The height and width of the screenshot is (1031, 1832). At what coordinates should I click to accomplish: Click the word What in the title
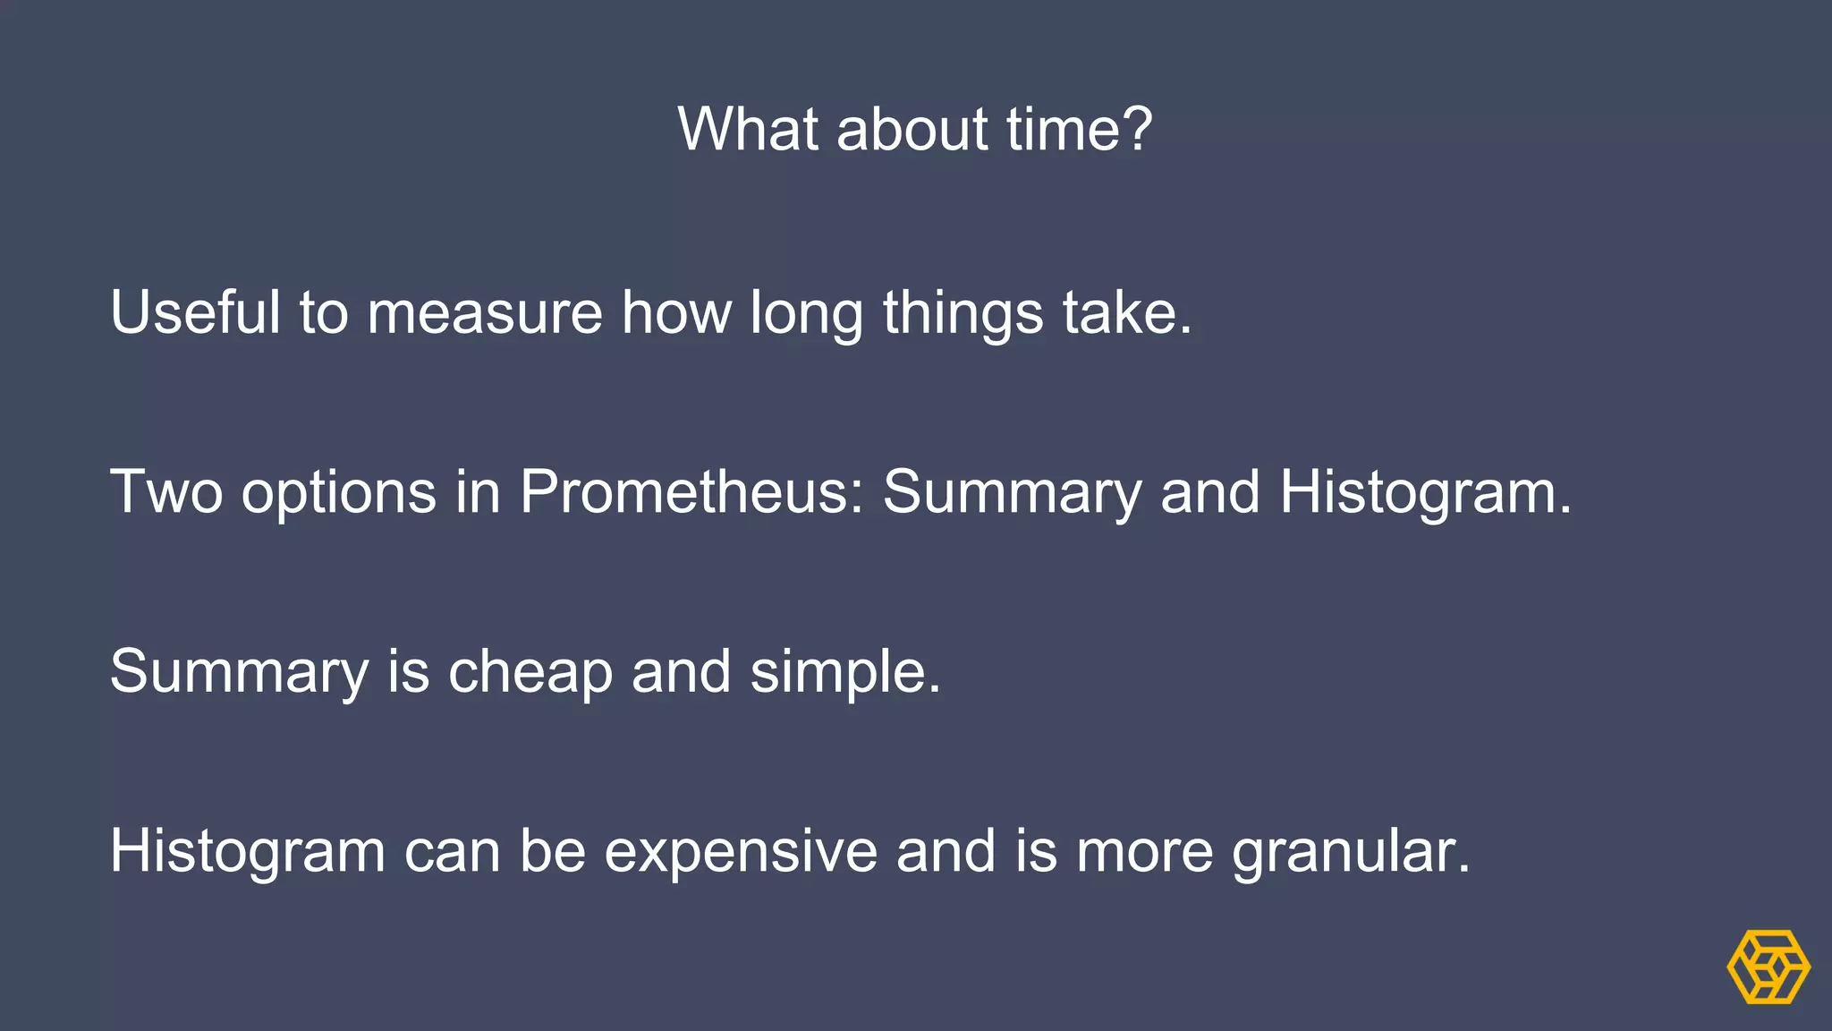[x=748, y=129]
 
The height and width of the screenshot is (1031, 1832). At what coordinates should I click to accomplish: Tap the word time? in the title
[x=1080, y=129]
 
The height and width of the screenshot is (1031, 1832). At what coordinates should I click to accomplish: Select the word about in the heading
[x=912, y=129]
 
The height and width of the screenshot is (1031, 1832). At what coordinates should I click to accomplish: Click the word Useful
[x=195, y=312]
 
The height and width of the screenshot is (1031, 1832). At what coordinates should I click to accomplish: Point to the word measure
[x=485, y=312]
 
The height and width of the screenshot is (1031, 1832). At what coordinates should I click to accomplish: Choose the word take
[x=1127, y=312]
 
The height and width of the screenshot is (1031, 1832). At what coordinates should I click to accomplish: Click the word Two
[x=166, y=492]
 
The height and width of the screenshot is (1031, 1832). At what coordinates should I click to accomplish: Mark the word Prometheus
[x=691, y=492]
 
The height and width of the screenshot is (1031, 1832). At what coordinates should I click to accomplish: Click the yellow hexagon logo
[x=1768, y=967]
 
